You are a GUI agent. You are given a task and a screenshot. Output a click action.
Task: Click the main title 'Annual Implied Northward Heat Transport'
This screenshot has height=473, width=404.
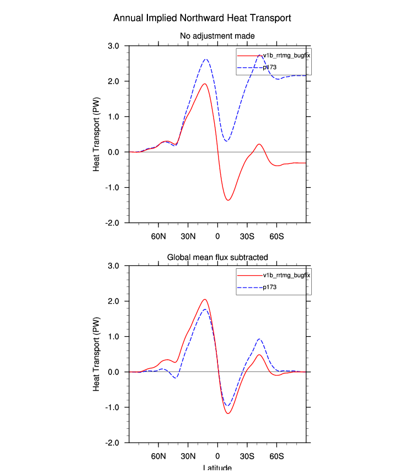202,18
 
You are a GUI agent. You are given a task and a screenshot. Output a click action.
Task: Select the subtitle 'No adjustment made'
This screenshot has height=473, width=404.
217,36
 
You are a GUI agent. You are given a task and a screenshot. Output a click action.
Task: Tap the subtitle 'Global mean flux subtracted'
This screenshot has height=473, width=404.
217,257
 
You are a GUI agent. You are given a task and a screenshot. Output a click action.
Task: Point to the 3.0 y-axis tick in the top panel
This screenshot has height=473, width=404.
114,46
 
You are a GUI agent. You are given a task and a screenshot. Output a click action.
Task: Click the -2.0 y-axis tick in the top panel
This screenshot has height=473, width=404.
113,222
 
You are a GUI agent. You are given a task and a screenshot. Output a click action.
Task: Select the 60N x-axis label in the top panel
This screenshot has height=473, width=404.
158,236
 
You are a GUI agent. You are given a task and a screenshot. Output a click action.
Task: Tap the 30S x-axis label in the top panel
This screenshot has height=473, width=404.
247,236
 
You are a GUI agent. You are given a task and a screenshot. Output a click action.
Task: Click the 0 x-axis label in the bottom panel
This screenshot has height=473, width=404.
217,456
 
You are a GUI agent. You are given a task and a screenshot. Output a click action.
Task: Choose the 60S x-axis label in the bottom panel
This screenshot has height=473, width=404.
277,456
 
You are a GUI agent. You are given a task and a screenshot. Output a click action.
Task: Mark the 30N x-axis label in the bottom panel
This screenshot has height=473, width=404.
188,456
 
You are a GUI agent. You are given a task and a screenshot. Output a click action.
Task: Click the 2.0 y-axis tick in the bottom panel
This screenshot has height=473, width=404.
114,301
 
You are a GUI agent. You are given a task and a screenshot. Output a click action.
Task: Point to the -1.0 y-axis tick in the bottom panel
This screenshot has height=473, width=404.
113,407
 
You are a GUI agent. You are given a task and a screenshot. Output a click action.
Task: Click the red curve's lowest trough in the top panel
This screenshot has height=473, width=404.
228,200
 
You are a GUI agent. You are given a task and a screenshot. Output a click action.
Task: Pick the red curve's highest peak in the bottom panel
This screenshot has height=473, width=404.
205,300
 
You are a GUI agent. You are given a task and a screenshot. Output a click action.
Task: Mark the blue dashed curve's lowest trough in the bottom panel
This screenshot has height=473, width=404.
227,406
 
